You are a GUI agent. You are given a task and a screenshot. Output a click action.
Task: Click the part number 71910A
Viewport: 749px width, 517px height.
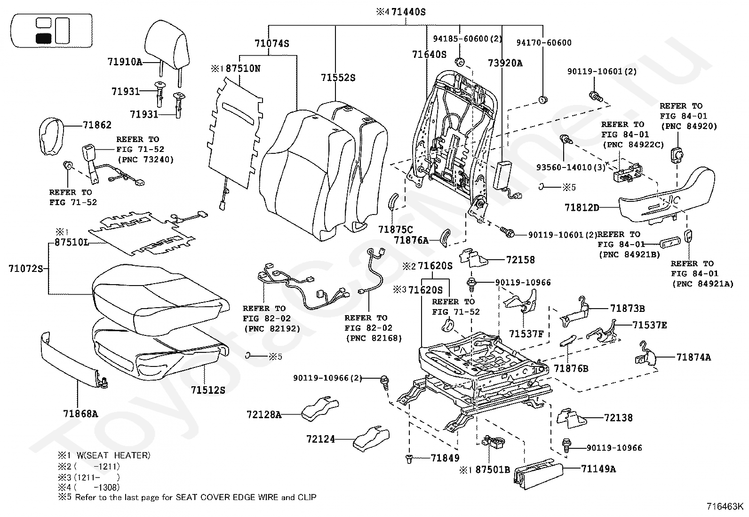pos(124,62)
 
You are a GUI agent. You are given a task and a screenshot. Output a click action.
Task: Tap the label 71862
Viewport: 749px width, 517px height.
pos(97,125)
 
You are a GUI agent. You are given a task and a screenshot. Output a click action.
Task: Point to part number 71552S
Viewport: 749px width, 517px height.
pos(338,78)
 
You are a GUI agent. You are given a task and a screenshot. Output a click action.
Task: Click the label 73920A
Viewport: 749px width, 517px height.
pos(505,63)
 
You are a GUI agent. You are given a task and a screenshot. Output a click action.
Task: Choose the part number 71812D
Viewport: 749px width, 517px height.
pos(582,207)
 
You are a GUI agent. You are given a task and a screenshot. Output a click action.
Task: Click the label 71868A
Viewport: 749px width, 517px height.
pos(80,414)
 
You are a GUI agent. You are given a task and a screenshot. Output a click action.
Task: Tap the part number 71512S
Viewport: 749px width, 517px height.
pos(208,390)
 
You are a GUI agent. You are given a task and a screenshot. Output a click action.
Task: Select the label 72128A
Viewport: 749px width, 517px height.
pos(263,414)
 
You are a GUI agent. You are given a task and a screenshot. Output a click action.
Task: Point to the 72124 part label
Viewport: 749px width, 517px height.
pos(320,439)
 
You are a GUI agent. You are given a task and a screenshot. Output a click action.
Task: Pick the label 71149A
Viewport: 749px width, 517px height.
pos(598,469)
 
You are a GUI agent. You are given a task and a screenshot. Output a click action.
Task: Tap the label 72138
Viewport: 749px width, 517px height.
pos(618,417)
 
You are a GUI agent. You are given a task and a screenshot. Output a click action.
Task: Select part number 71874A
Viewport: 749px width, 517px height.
pos(693,357)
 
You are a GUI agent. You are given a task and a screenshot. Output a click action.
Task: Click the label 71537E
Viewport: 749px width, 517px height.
pos(649,325)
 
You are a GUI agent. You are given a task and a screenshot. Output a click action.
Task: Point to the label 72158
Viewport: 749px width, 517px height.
pos(520,260)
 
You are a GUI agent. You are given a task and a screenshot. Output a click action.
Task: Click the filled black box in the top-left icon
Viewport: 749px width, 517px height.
pos(43,39)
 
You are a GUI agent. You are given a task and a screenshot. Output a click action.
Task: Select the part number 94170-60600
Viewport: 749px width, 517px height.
pos(543,43)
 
